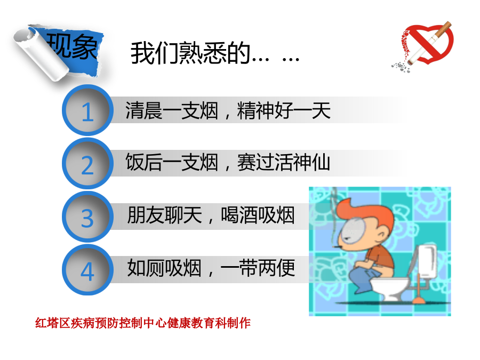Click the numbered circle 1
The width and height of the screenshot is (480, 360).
(x=88, y=110)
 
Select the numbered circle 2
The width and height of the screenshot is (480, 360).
(x=88, y=164)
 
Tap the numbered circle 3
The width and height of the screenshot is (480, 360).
(x=88, y=217)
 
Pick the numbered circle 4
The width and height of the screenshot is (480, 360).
(x=88, y=270)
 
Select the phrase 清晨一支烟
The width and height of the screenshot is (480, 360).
(x=171, y=110)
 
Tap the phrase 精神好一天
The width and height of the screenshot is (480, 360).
(x=284, y=110)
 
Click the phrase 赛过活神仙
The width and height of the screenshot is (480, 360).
(x=284, y=162)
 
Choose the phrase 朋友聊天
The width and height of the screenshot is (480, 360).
(x=165, y=215)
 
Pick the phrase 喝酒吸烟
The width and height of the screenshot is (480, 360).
(x=258, y=215)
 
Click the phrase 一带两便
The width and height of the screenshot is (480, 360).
(x=258, y=268)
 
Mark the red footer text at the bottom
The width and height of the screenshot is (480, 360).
(x=143, y=323)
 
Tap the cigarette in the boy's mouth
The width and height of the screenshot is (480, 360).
(x=337, y=247)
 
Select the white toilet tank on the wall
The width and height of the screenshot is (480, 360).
(x=427, y=261)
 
